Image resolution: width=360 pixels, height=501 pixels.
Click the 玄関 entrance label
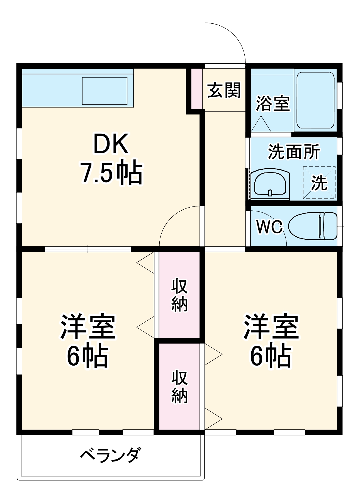[224, 90]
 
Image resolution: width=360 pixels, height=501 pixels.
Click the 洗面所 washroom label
[294, 152]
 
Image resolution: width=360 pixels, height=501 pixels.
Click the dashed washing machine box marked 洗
[319, 183]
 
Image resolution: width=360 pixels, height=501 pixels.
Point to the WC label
[269, 227]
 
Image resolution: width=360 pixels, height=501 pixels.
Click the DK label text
[111, 144]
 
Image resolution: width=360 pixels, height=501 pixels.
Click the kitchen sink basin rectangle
[104, 91]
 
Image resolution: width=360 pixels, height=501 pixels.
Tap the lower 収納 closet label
[179, 386]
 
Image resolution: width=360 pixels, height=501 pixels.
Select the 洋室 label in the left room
[88, 327]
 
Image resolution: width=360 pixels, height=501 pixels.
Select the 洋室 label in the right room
[271, 327]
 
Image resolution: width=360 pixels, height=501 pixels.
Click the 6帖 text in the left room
[87, 357]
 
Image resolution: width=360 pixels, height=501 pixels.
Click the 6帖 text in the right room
[271, 357]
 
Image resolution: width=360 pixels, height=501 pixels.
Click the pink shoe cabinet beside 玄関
[197, 89]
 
